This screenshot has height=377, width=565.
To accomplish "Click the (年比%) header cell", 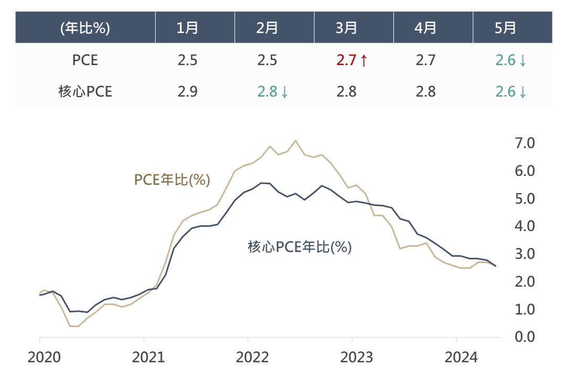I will tap(85, 28).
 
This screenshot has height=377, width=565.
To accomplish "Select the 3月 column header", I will tap(346, 28).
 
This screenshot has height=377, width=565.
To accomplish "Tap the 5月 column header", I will tap(505, 28).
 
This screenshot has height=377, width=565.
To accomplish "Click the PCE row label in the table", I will tap(85, 60).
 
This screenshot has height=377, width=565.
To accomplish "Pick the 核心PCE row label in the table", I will tap(85, 92).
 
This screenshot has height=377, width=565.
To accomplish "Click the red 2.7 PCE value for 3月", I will tap(346, 60).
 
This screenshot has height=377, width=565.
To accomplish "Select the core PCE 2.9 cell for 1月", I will tap(187, 92).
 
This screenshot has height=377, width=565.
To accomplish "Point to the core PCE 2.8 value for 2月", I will tap(267, 92).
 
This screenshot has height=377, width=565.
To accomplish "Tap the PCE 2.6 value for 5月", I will tap(506, 60).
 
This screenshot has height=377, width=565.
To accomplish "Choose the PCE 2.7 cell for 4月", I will tap(425, 60).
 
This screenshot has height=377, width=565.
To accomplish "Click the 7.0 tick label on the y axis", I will tap(525, 143).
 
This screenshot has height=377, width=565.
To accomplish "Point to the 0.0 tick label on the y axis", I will tap(525, 337).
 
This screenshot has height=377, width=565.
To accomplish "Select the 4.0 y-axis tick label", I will tap(525, 226).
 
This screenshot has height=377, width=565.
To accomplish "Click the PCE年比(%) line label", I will tap(172, 180).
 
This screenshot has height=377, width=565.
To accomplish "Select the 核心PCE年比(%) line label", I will tap(299, 247).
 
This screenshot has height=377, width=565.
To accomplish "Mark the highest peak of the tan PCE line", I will tap(296, 140).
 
